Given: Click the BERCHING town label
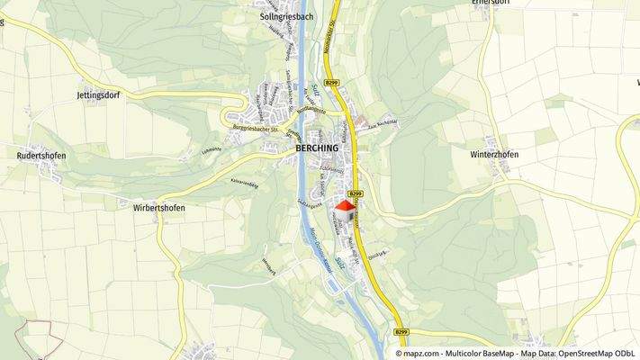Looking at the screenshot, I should (316, 148).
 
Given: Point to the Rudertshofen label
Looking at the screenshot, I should (42, 155).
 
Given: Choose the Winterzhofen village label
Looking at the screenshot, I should (494, 154).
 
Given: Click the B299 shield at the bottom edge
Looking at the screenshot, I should (401, 333).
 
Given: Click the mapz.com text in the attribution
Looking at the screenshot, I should (417, 354).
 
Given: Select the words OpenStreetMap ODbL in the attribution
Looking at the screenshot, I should (593, 354).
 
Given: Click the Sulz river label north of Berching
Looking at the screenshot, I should (316, 89).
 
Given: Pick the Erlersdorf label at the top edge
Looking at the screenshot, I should (491, 3).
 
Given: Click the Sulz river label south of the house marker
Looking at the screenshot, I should (339, 262).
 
